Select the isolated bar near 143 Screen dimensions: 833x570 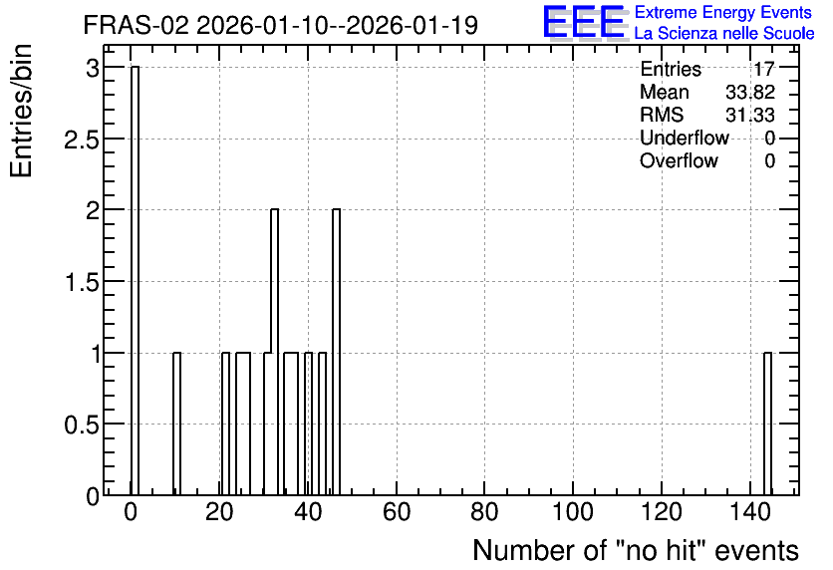click(x=767, y=424)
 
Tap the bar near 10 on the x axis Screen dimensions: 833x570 click(x=177, y=424)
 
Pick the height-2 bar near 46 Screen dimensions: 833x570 click(x=336, y=352)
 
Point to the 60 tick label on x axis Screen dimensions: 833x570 click(x=397, y=512)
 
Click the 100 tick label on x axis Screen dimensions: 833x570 click(x=573, y=512)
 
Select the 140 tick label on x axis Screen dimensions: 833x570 click(x=749, y=512)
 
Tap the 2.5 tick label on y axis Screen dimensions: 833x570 click(x=82, y=140)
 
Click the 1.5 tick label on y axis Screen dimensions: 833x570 click(x=82, y=283)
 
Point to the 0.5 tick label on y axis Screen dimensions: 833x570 click(x=82, y=425)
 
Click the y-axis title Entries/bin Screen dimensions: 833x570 click(x=21, y=111)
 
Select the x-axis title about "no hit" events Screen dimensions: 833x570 click(x=636, y=550)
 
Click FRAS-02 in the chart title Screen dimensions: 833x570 click(x=136, y=25)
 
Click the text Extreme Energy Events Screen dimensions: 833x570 click(x=723, y=12)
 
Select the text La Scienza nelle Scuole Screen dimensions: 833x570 click(x=724, y=33)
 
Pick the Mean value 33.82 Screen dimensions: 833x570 click(x=750, y=92)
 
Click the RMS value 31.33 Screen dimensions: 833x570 click(x=750, y=115)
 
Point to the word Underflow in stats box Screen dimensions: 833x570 click(x=685, y=138)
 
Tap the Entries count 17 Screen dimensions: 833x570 click(x=764, y=69)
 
